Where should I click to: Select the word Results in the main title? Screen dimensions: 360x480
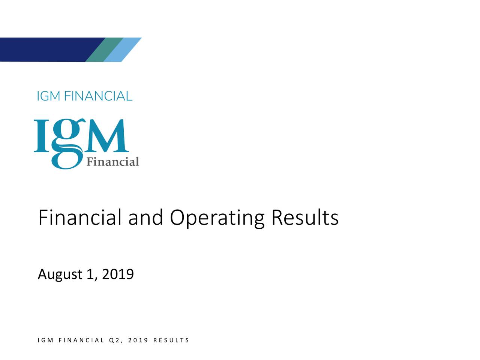click(305, 218)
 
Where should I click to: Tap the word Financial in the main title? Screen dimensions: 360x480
click(80, 218)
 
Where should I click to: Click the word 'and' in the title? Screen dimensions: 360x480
click(145, 218)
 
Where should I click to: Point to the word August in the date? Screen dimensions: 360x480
click(60, 275)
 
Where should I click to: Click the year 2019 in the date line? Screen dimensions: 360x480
click(118, 274)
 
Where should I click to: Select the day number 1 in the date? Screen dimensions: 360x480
click(90, 274)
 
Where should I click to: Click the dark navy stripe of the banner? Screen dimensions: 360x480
click(45, 49)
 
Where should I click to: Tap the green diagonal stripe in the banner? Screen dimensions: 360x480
click(104, 49)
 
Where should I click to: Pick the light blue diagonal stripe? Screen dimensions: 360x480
click(123, 49)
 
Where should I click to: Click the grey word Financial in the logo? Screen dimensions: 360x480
click(112, 162)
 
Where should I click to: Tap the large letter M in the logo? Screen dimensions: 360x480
click(107, 136)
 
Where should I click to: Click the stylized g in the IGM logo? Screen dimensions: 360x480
click(67, 144)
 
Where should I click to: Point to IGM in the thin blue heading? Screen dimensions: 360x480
click(49, 96)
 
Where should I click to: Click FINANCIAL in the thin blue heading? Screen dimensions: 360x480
click(98, 96)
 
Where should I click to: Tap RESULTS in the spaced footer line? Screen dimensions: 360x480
click(171, 340)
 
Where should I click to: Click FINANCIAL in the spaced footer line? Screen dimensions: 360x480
click(81, 340)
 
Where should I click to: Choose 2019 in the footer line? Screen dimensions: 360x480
click(138, 340)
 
